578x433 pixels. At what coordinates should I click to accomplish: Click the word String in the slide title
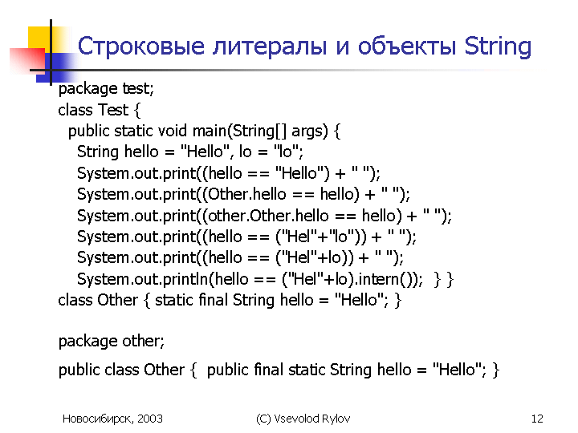498,47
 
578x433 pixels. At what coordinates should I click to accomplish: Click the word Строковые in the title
140,47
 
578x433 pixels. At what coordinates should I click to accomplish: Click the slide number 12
537,419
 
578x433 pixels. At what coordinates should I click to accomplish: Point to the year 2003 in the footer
150,419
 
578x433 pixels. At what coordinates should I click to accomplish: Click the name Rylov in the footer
336,419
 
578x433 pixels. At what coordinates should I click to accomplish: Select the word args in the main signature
307,132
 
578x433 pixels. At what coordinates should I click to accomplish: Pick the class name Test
113,110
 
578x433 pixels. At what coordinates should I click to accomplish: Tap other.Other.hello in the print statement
268,216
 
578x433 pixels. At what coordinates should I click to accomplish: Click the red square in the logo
27,60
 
